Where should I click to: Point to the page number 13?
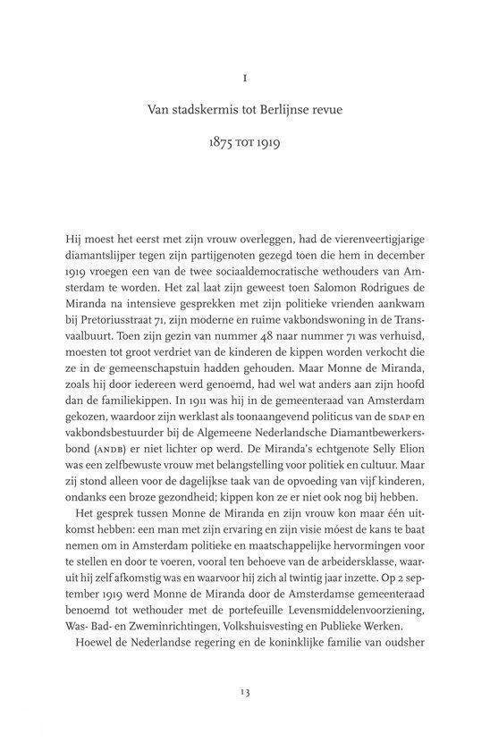click(x=244, y=690)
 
